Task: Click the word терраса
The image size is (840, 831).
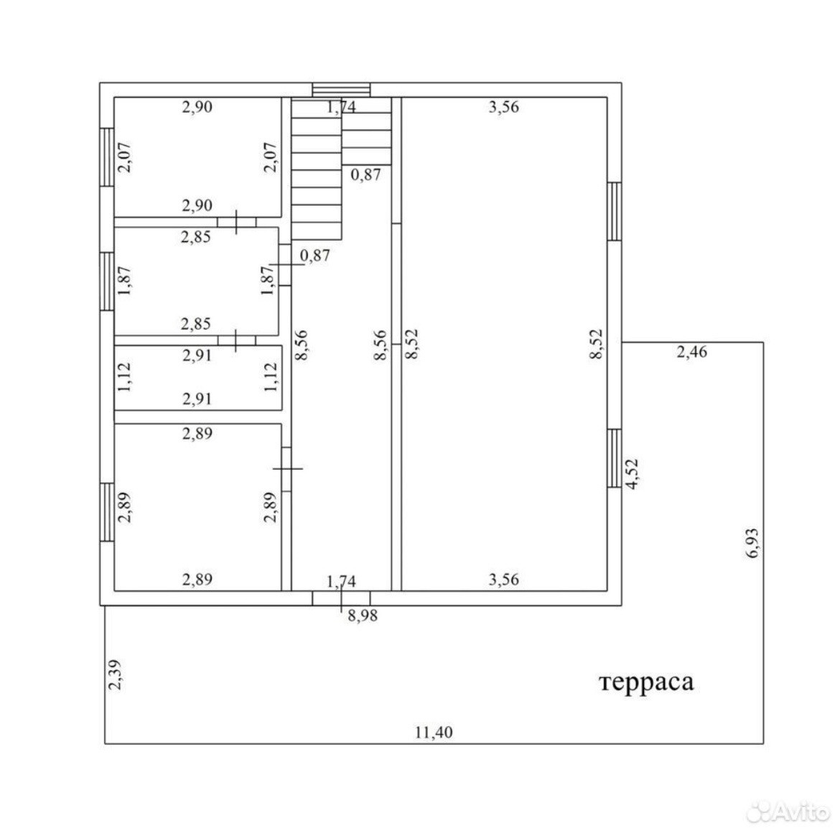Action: [647, 683]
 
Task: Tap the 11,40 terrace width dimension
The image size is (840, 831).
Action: [434, 732]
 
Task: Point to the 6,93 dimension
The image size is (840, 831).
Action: [752, 543]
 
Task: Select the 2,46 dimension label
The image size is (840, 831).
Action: [691, 352]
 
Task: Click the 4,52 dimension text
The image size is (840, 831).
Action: [632, 473]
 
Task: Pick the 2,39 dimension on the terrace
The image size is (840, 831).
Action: [115, 674]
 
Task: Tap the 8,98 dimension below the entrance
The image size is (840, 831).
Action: [363, 616]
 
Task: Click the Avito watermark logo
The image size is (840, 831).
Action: [788, 812]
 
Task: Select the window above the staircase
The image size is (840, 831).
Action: [341, 90]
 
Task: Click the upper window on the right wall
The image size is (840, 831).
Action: [615, 211]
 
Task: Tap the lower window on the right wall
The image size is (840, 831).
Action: [615, 458]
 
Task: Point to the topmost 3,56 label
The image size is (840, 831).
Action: [503, 107]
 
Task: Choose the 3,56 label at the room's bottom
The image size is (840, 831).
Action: [503, 579]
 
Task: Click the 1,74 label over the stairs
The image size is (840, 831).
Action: [341, 107]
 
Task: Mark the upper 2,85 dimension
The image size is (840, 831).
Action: [195, 237]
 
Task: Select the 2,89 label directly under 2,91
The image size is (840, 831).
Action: [197, 433]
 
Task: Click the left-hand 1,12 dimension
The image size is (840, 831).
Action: [124, 378]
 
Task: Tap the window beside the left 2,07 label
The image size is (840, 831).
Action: [107, 157]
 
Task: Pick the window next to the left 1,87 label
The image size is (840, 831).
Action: [107, 282]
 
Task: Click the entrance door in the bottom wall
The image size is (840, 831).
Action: [341, 598]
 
